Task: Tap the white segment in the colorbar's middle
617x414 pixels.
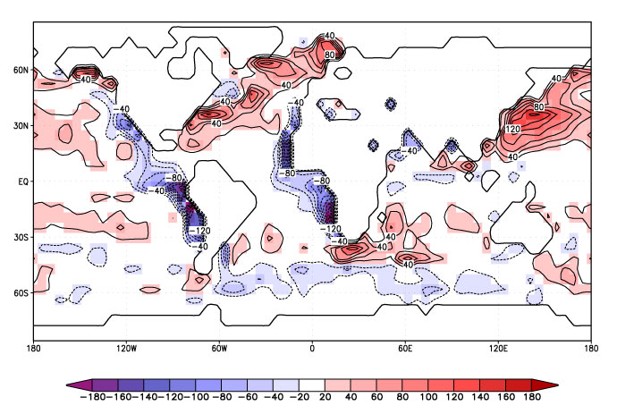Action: (x=313, y=385)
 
